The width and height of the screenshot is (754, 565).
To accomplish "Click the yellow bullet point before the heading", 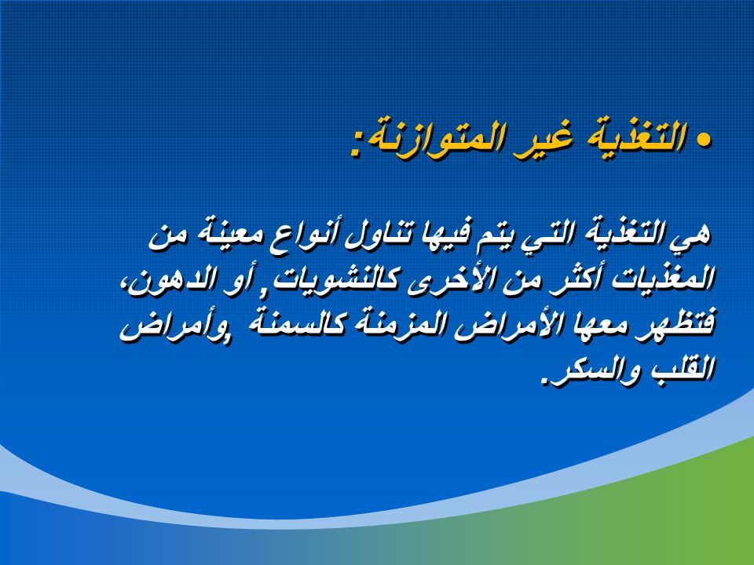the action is (704, 140).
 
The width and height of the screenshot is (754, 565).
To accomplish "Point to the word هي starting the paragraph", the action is (695, 235).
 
